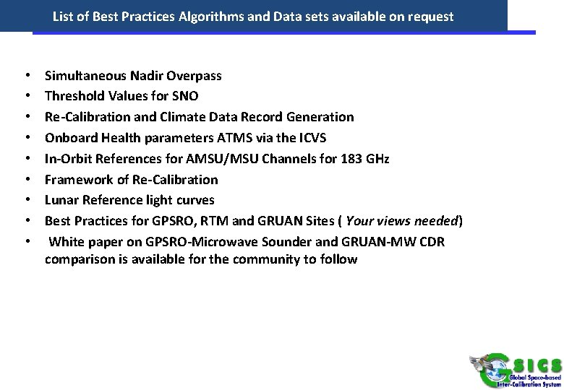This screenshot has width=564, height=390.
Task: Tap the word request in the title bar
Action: [429, 16]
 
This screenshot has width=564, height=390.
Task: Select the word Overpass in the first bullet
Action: [194, 75]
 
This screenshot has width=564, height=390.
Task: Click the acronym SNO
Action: [185, 96]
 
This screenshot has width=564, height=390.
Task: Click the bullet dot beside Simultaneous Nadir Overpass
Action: [27, 75]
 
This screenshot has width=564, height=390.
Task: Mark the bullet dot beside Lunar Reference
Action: [27, 199]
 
